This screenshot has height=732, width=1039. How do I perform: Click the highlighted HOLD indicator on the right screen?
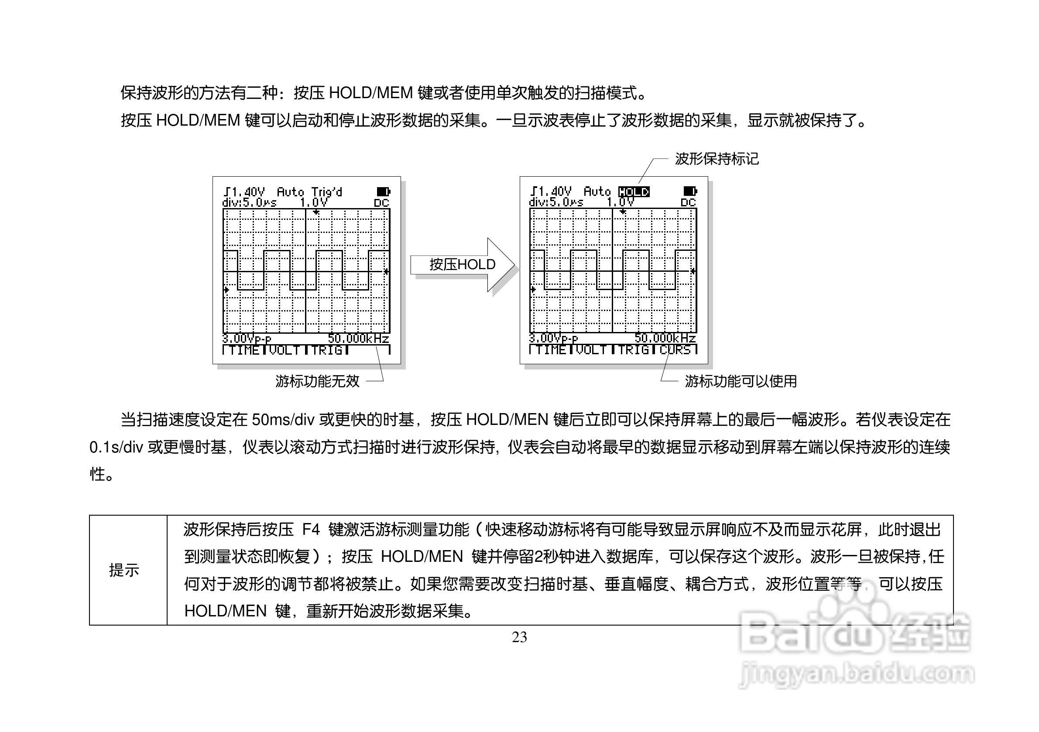pyautogui.click(x=634, y=192)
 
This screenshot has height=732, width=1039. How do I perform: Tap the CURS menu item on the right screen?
pyautogui.click(x=675, y=350)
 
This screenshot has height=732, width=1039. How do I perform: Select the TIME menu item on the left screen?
pyautogui.click(x=244, y=350)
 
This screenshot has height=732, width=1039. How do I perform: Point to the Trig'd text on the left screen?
pyautogui.click(x=326, y=192)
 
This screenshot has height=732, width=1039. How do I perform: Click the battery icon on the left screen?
pyautogui.click(x=383, y=192)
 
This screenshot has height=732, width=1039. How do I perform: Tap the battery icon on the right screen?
pyautogui.click(x=689, y=192)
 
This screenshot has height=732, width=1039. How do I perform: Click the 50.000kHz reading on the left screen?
pyautogui.click(x=358, y=339)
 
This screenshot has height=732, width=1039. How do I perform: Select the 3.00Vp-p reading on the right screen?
pyautogui.click(x=553, y=339)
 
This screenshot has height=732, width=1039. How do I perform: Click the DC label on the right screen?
pyautogui.click(x=688, y=203)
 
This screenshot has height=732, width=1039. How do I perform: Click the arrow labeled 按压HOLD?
pyautogui.click(x=463, y=265)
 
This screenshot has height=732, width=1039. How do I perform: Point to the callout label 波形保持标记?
pyautogui.click(x=717, y=159)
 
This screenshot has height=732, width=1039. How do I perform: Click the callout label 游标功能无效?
pyautogui.click(x=317, y=381)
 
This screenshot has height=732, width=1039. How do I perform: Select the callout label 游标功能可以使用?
pyautogui.click(x=741, y=381)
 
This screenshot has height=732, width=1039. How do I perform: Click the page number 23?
pyautogui.click(x=519, y=637)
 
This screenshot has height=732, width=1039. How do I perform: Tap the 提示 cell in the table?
pyautogui.click(x=124, y=571)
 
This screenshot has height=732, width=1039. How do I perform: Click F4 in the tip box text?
pyautogui.click(x=311, y=529)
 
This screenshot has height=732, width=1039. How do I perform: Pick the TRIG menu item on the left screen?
pyautogui.click(x=326, y=350)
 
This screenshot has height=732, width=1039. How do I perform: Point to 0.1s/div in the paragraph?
pyautogui.click(x=117, y=448)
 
